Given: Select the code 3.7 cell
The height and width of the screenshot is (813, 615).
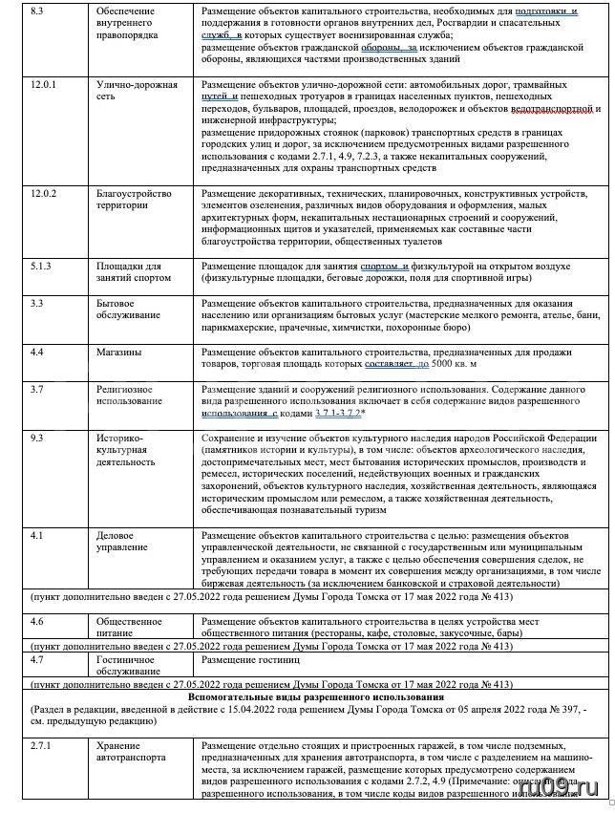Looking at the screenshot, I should (37, 390).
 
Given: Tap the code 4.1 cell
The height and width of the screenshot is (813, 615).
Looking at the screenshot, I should (37, 535).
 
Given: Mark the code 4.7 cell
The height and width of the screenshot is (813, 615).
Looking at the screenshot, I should (37, 659).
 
